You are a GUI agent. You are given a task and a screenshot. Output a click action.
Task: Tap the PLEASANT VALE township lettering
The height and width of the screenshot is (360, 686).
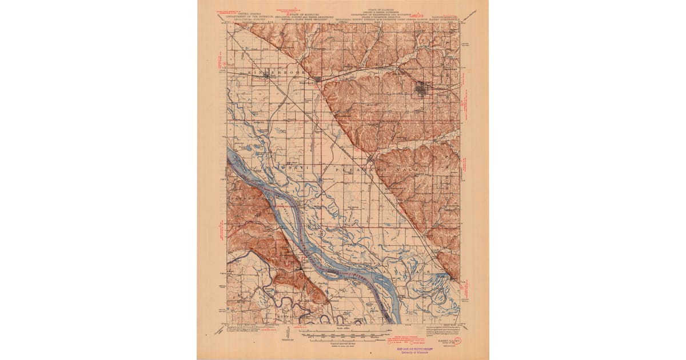(366, 169)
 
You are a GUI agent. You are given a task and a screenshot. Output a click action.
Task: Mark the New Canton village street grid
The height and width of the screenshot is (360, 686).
(371, 159)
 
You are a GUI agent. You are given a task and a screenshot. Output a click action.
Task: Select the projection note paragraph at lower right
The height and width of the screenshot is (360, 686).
(446, 329)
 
